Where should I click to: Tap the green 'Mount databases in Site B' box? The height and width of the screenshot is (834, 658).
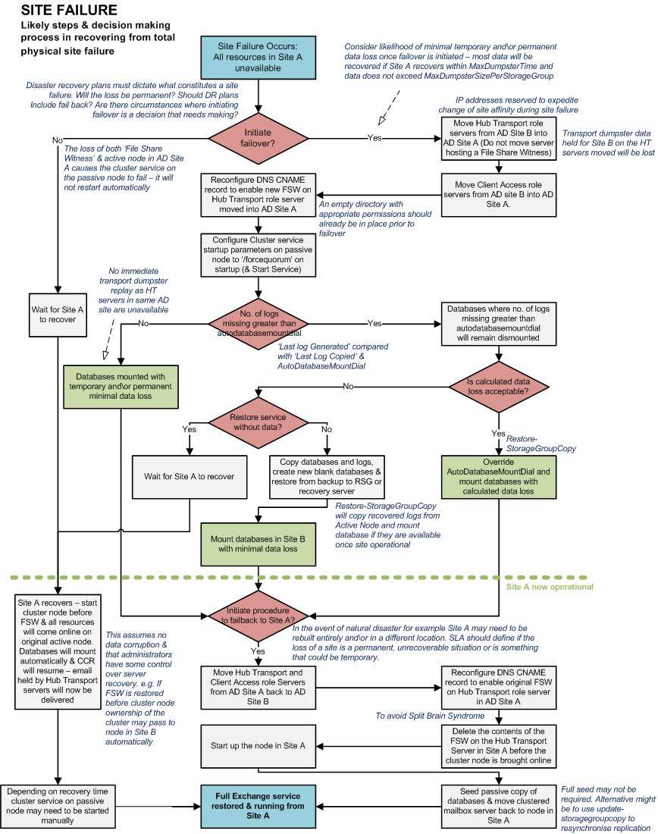pyautogui.click(x=258, y=544)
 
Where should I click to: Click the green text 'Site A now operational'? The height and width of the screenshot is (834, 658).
pyautogui.click(x=549, y=587)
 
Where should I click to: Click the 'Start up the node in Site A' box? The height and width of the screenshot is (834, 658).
pyautogui.click(x=258, y=746)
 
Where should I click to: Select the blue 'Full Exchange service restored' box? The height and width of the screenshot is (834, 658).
pyautogui.click(x=258, y=805)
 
